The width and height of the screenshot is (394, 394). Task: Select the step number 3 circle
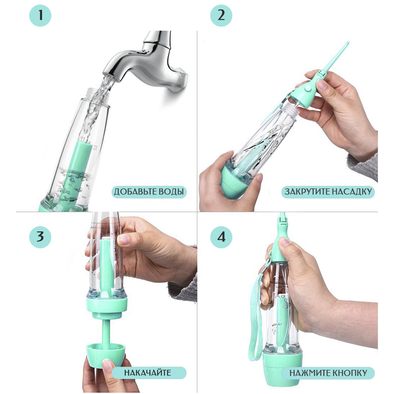pos(40,237)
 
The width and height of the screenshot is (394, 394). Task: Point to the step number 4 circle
pos(221,237)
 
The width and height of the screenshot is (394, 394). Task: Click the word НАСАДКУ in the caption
pos(350,191)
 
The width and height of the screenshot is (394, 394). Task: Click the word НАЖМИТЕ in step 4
pos(310,373)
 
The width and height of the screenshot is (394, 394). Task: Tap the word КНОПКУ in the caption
pos(350,373)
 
